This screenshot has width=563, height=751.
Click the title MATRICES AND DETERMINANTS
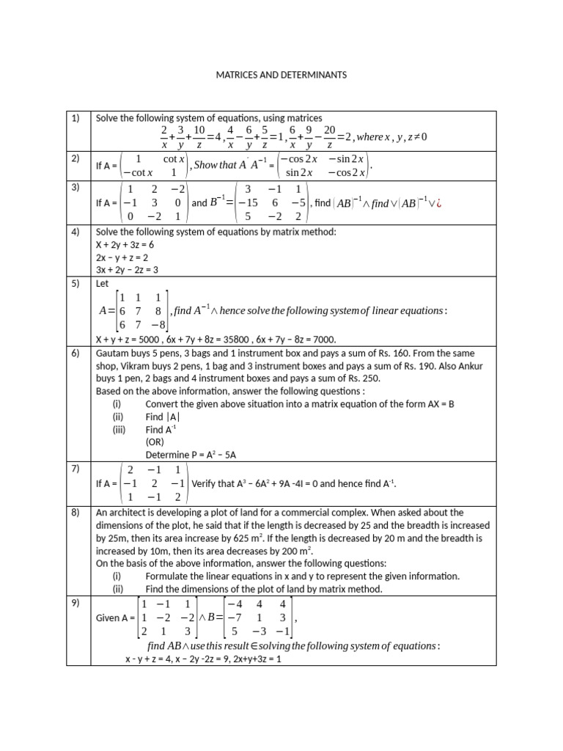coord(281,75)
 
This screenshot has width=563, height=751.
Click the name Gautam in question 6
coord(112,353)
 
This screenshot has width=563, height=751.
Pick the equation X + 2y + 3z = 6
coord(125,244)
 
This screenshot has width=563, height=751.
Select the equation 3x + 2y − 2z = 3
coord(125,270)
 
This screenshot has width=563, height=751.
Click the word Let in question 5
coord(103,282)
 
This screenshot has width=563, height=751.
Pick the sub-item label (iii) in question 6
coord(119,430)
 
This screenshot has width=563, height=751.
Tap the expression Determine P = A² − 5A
coord(190,455)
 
